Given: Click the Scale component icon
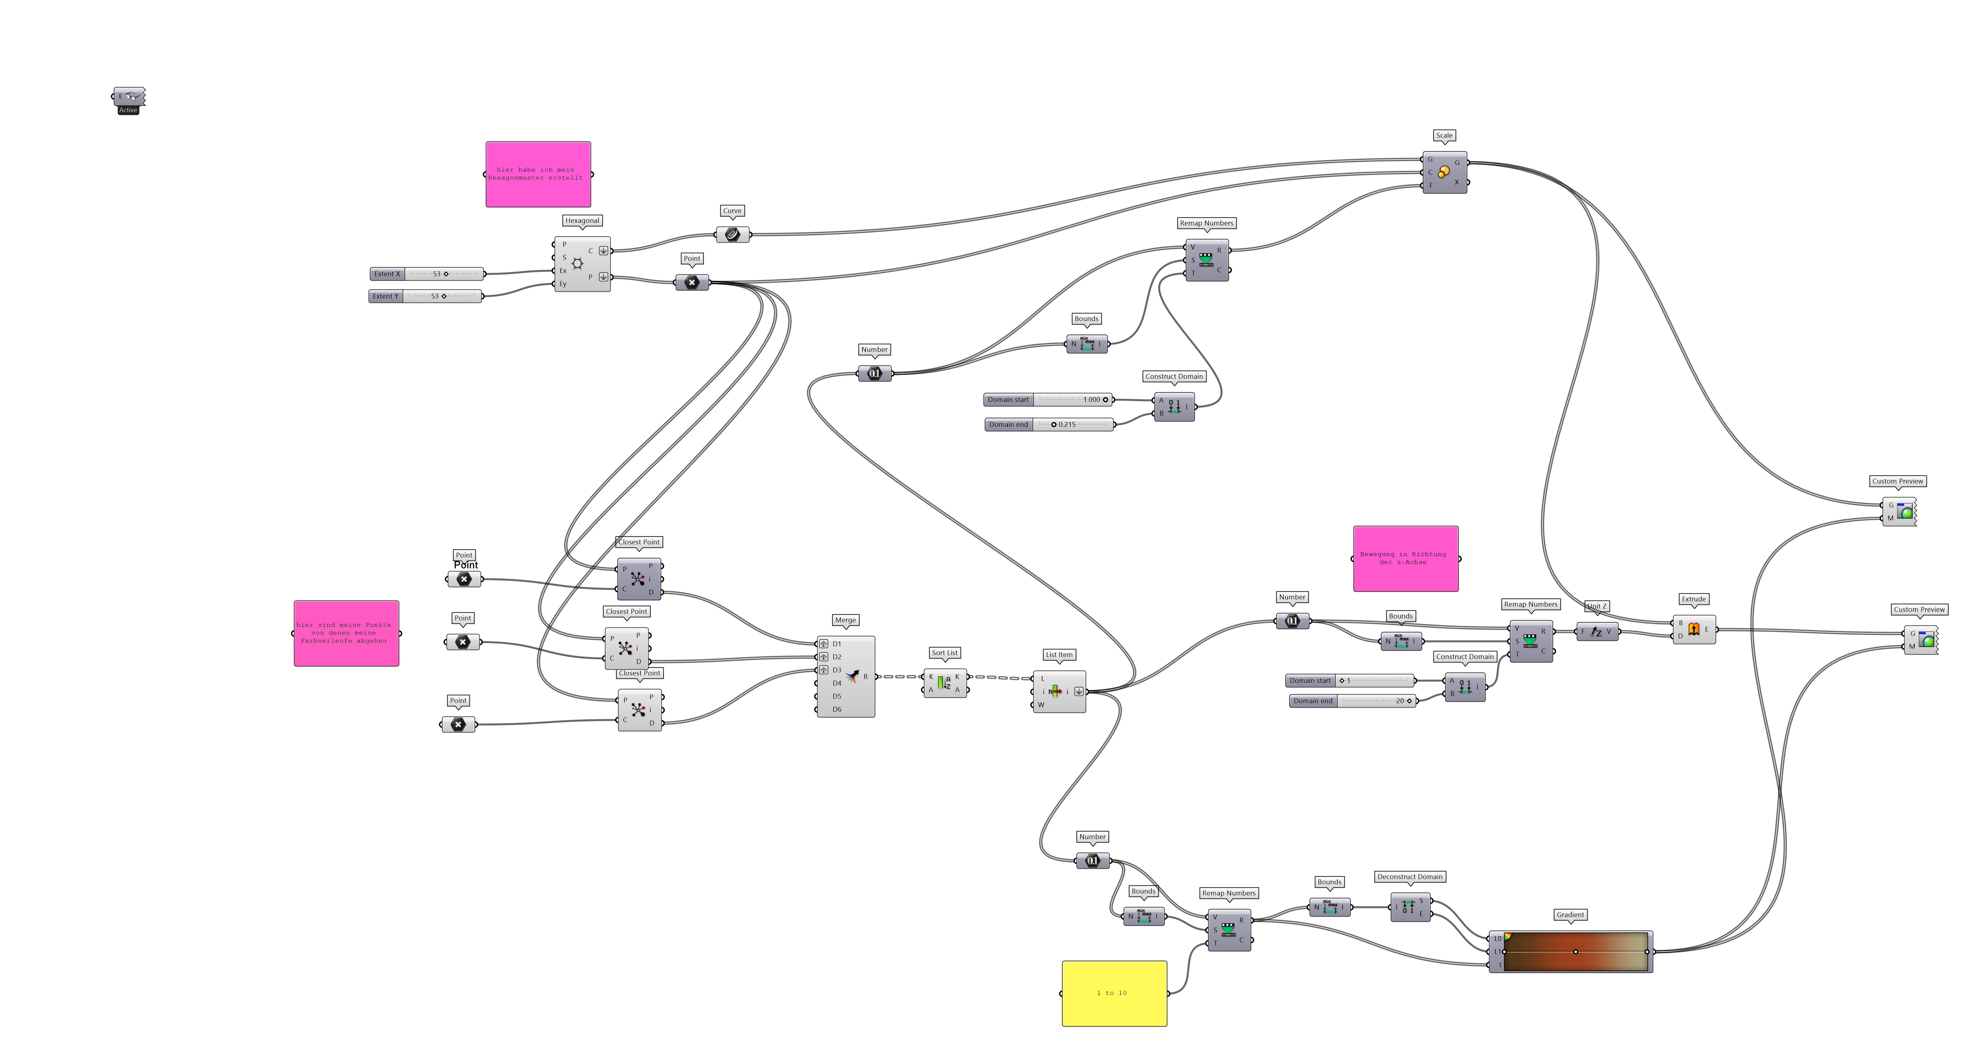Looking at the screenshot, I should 1444,173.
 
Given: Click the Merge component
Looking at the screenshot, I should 851,676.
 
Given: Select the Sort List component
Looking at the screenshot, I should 945,682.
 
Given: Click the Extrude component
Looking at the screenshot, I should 1694,630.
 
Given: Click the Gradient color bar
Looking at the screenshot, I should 1576,952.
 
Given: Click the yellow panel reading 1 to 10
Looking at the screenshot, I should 1114,993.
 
